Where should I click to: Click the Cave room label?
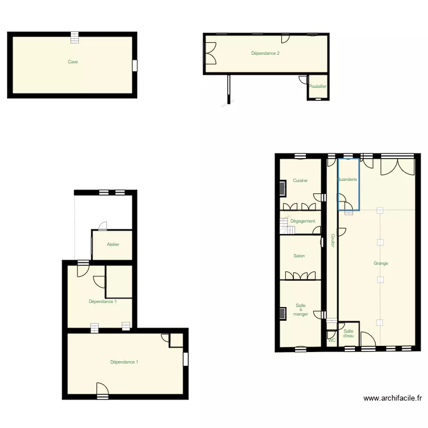pyautogui.click(x=72, y=62)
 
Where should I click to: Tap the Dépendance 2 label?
pyautogui.click(x=265, y=54)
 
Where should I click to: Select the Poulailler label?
pyautogui.click(x=317, y=87)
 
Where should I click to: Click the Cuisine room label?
pyautogui.click(x=300, y=180)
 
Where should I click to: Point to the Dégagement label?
pyautogui.click(x=302, y=221)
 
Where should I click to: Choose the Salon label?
pyautogui.click(x=299, y=256)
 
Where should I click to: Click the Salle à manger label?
pyautogui.click(x=300, y=310)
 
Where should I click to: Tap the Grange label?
pyautogui.click(x=381, y=263)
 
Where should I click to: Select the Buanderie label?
pyautogui.click(x=348, y=180)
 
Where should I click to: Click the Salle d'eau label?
pyautogui.click(x=349, y=333)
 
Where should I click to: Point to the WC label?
pyautogui.click(x=332, y=341)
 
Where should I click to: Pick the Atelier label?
pyautogui.click(x=113, y=244)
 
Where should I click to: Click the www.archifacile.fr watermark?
pyautogui.click(x=392, y=398)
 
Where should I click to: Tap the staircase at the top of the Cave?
pyautogui.click(x=75, y=38)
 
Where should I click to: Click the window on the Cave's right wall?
pyautogui.click(x=135, y=66)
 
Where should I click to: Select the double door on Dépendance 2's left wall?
pyautogui.click(x=210, y=54)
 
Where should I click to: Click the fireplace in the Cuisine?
pyautogui.click(x=282, y=188)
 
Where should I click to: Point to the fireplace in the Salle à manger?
pyautogui.click(x=282, y=313)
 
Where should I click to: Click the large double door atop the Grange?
pyautogui.click(x=397, y=165)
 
